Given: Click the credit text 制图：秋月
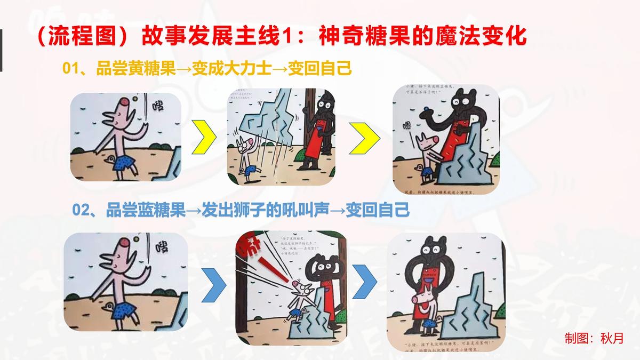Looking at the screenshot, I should click(594, 338).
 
